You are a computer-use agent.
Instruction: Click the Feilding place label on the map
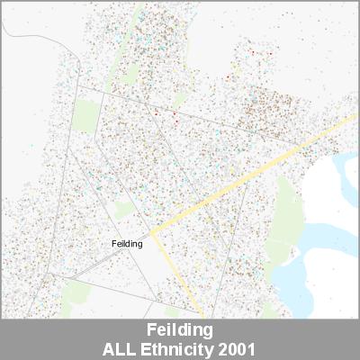[x=127, y=243]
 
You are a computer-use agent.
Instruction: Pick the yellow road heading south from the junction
[x=165, y=270]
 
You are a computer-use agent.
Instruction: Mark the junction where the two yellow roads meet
[x=151, y=232]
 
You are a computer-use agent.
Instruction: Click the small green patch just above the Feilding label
[x=124, y=209]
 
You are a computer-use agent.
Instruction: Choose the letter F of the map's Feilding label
[x=114, y=243]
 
